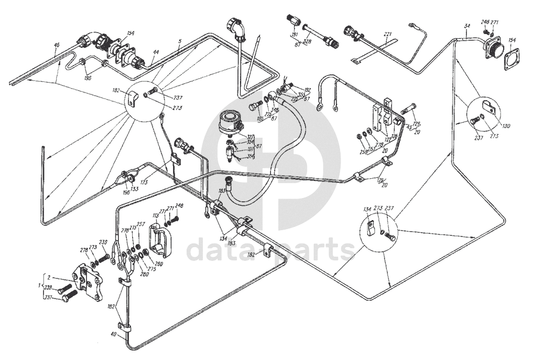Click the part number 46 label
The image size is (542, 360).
[57, 46]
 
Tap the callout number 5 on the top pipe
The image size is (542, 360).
[179, 41]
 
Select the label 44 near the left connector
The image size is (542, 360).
[156, 53]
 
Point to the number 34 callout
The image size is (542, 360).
[467, 27]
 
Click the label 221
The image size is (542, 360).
[387, 35]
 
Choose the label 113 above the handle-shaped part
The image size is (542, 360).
[156, 215]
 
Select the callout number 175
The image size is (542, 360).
[144, 181]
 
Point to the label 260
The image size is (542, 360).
[158, 264]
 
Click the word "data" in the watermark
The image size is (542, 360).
[217, 249]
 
